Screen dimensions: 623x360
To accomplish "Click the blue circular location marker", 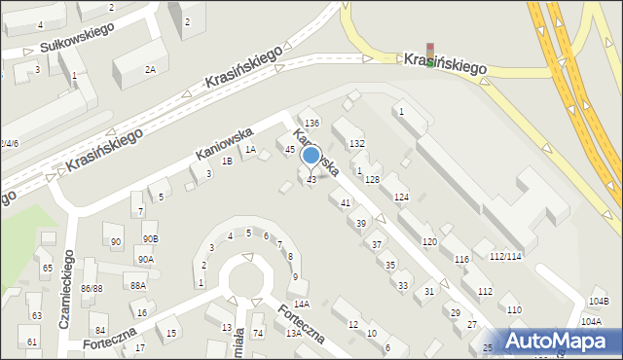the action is pos(311,156).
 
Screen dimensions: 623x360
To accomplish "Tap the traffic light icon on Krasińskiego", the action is pos(429,55).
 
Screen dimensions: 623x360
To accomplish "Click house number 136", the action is pos(311,123).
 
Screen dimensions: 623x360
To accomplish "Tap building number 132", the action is pos(357,143).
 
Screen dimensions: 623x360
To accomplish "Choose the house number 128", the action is pos(372,180).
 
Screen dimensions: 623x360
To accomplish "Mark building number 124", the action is pos(401,198).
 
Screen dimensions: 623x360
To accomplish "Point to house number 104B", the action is pos(599,302).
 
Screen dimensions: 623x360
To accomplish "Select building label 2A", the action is pos(150,69).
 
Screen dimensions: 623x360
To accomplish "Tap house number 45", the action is pos(289,149).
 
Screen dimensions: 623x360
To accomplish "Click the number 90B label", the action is pos(149,238).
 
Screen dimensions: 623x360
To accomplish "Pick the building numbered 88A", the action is pos(138,285).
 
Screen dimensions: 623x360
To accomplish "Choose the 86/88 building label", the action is pos(92,289).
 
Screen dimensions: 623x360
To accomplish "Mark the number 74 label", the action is pos(258,334).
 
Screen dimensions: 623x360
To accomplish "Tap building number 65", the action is pos(46,267).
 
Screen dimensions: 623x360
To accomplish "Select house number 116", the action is pos(461,259).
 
